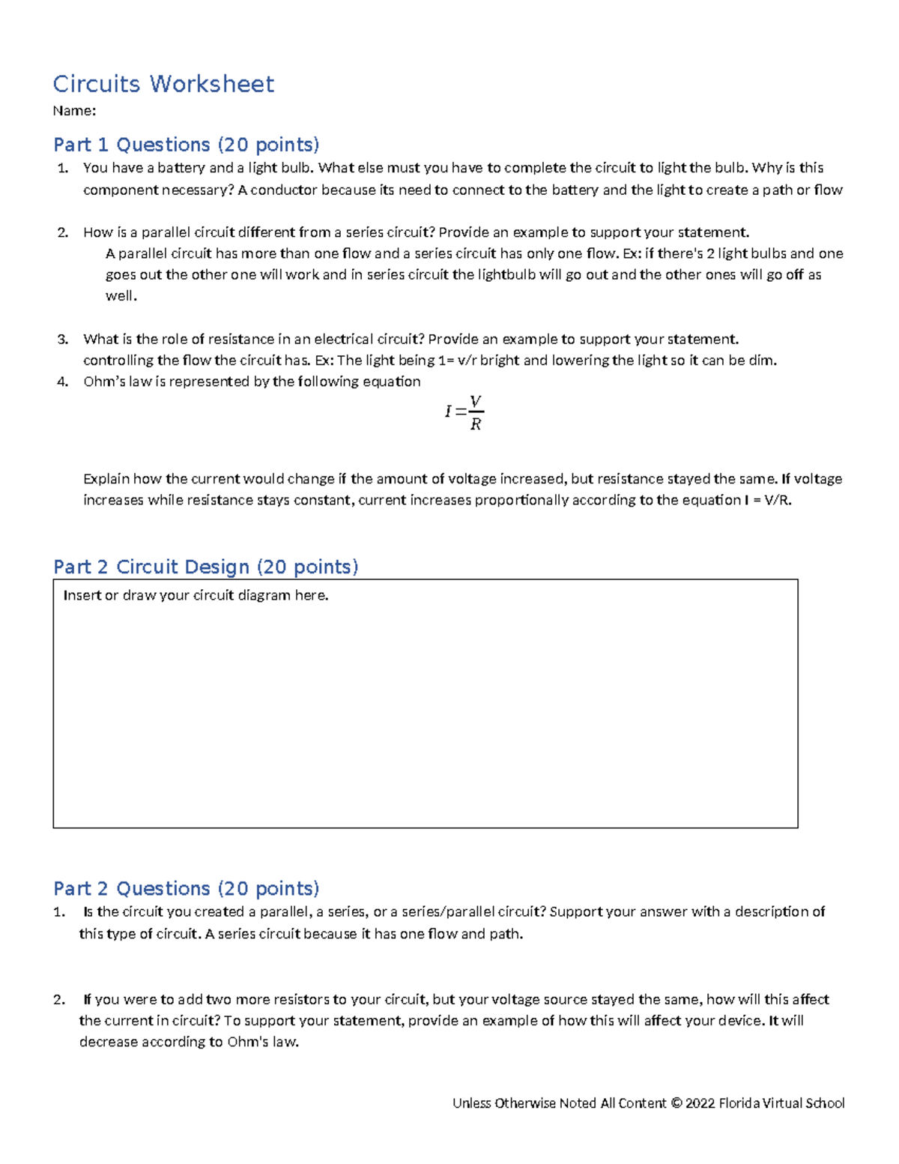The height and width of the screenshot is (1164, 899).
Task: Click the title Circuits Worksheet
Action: [x=163, y=83]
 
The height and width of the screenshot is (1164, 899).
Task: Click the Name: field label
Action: [x=74, y=111]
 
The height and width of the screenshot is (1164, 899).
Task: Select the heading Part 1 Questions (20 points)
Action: [x=186, y=144]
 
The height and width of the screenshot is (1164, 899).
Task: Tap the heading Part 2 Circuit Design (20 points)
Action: [x=205, y=567]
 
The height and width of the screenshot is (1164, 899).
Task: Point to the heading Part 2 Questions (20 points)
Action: [x=186, y=888]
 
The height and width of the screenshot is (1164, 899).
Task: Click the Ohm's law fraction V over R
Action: [x=476, y=413]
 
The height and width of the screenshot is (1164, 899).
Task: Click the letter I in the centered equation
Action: [x=448, y=411]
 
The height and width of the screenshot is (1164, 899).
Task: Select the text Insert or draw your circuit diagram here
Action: [x=196, y=596]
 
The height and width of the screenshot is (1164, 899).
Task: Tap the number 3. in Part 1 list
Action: [x=62, y=340]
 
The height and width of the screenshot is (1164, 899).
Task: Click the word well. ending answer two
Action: [x=121, y=296]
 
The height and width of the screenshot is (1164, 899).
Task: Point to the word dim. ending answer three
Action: [x=763, y=361]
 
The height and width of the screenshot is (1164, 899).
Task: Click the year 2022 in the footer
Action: [x=700, y=1103]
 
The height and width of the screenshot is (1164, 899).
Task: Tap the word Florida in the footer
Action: [x=739, y=1103]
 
